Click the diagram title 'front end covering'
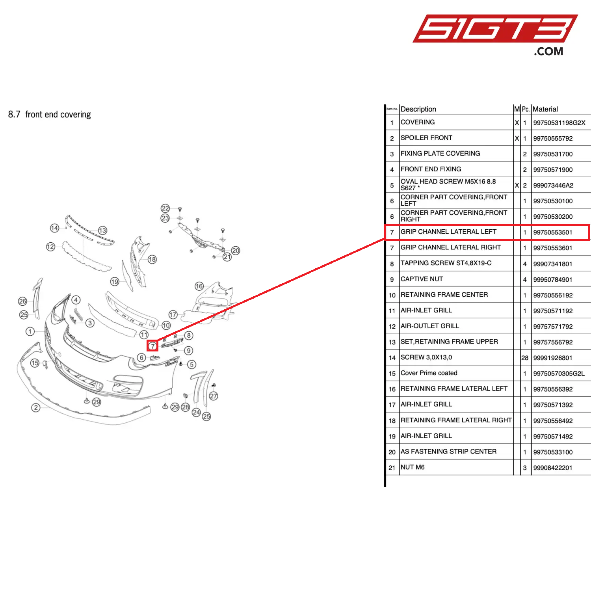point(58,114)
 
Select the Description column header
point(418,109)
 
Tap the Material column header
point(545,109)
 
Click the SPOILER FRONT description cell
point(426,138)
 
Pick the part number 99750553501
point(552,232)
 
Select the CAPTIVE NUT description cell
point(422,279)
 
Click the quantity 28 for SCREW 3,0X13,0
point(525,358)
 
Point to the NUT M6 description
point(413,467)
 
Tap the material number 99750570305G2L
point(559,374)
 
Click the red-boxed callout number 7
point(152,346)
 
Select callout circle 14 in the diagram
point(54,228)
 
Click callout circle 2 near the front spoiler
point(36,407)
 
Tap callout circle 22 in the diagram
point(165,208)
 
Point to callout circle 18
point(152,259)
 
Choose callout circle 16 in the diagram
point(199,286)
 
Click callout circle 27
point(214,396)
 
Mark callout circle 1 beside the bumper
point(30,331)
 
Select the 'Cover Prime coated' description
point(429,373)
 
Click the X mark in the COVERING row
point(517,123)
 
